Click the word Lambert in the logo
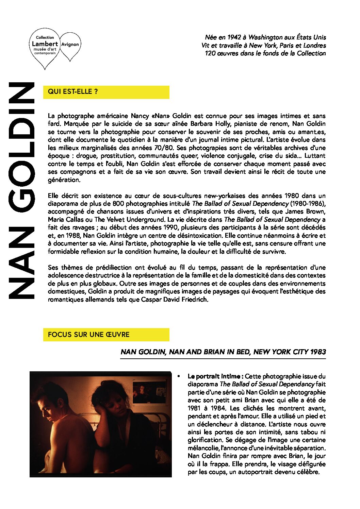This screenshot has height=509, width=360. tap(45, 44)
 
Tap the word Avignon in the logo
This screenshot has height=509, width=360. tap(70, 45)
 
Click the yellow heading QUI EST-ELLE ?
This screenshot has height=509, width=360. tap(73, 91)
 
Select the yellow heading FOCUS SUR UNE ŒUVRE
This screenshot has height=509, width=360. tap(88, 335)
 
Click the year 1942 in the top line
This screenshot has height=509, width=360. tap(234, 37)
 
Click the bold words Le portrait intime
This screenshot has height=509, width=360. tap(215, 376)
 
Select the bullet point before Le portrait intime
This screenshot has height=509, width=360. tap(179, 376)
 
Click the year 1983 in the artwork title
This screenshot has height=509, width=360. tap(318, 352)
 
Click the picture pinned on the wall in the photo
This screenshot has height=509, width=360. tap(149, 391)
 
